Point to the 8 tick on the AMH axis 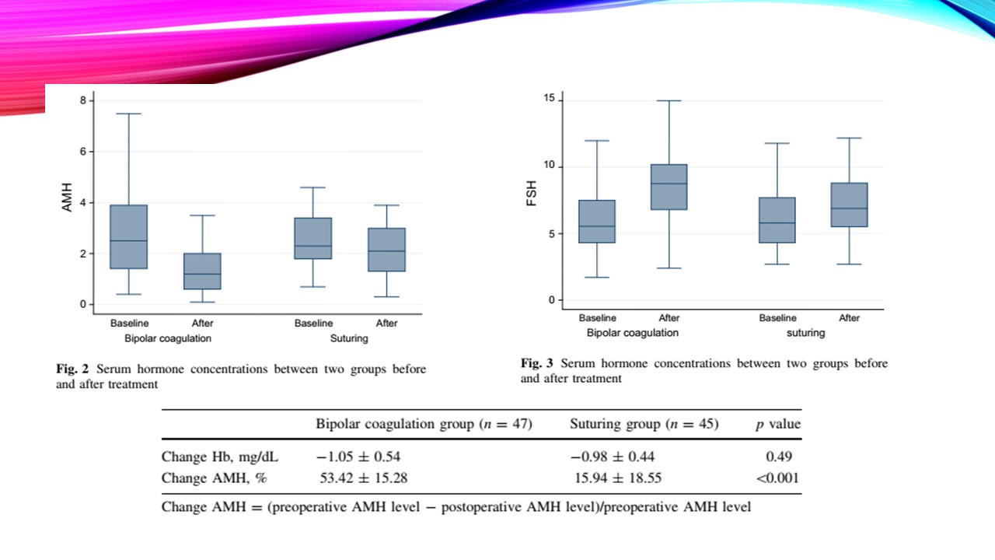(x=83, y=100)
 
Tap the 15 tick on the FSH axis (x=549, y=98)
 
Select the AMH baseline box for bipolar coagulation (x=129, y=236)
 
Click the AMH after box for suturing (x=386, y=250)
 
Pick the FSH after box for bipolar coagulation (x=669, y=187)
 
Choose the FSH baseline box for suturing (x=777, y=220)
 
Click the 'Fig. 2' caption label (x=72, y=369)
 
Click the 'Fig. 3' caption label (x=537, y=363)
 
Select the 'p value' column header (x=778, y=425)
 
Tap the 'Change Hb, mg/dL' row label (x=208, y=457)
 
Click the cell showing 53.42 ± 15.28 (x=364, y=478)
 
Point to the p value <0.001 (x=777, y=478)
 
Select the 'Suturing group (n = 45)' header (x=644, y=425)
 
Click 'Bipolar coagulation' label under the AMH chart (x=168, y=339)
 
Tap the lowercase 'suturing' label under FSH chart (x=805, y=333)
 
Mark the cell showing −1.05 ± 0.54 (x=358, y=457)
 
